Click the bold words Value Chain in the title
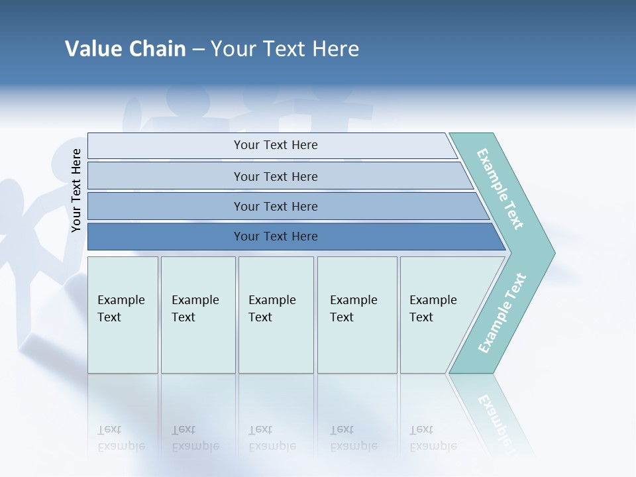[x=125, y=49]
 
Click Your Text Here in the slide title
[x=285, y=49]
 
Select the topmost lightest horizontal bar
[x=276, y=145]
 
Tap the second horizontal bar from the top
[x=276, y=176]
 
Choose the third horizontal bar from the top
[x=276, y=206]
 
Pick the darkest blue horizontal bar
[x=276, y=237]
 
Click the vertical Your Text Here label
[x=76, y=190]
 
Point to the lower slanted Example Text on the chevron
[x=502, y=313]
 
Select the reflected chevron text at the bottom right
[x=496, y=417]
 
